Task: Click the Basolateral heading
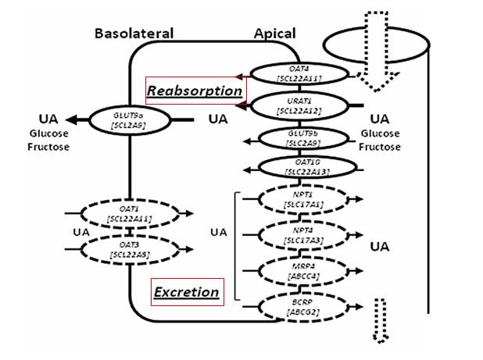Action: tap(134, 34)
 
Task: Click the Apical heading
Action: tap(274, 34)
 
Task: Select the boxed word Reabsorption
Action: tap(195, 91)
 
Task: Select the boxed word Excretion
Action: tap(186, 292)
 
